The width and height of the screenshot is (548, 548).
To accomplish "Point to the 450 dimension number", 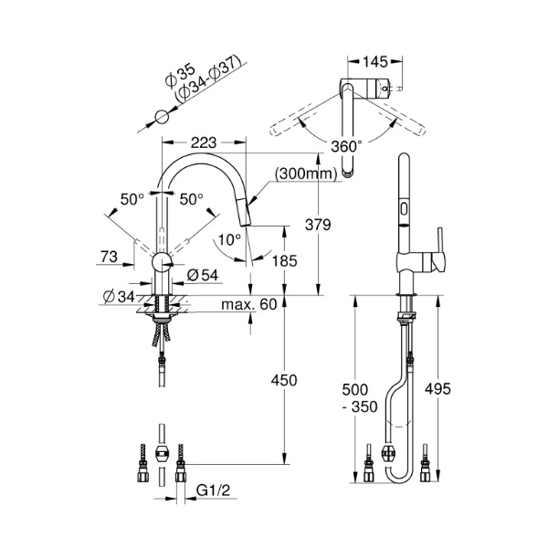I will point(285,380).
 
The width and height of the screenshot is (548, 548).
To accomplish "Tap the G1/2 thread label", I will point(212,490).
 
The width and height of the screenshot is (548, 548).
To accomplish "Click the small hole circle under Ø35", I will point(161,117).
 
